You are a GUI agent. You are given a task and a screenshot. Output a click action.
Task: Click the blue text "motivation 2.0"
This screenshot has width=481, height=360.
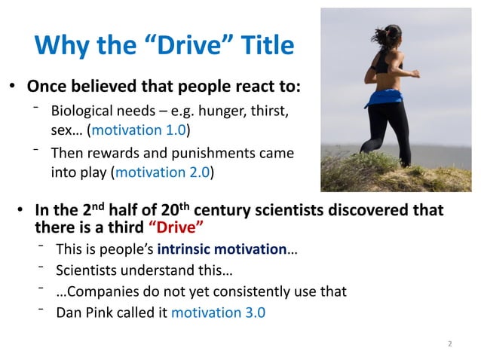(x=161, y=171)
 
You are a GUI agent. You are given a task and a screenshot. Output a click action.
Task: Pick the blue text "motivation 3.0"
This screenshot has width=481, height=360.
(x=219, y=311)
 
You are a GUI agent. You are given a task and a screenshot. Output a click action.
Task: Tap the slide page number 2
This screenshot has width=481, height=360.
(x=449, y=344)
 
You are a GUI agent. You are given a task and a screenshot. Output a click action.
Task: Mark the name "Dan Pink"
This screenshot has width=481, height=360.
(x=84, y=311)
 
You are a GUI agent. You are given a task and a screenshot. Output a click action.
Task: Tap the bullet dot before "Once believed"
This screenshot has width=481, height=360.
(x=12, y=85)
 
